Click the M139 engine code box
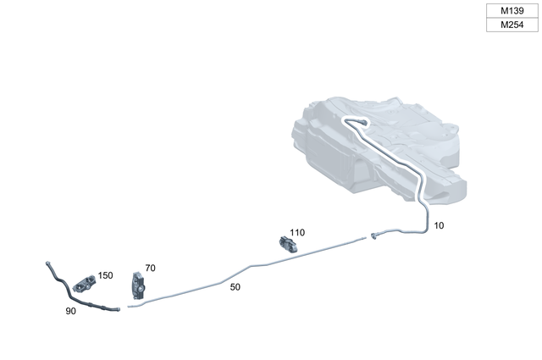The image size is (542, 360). [511, 10]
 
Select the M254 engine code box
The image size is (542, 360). [511, 25]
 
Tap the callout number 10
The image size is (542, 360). [439, 226]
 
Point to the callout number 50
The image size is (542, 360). [235, 287]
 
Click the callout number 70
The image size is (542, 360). [150, 268]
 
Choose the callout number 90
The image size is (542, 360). [71, 312]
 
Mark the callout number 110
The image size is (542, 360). [296, 232]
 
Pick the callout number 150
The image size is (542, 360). [105, 275]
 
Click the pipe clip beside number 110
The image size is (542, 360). [289, 245]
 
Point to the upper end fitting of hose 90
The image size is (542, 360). [48, 264]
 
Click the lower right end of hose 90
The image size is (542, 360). [117, 309]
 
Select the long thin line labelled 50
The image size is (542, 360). [254, 268]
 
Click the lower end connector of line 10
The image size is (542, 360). [373, 235]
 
